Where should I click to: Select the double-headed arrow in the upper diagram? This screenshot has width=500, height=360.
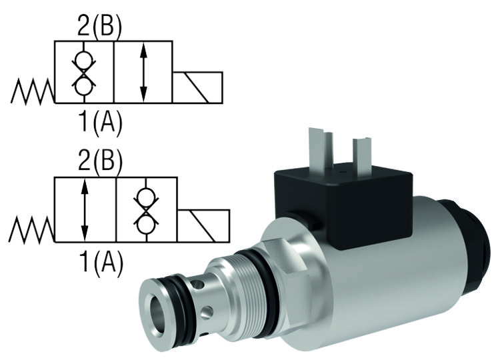click(143, 73)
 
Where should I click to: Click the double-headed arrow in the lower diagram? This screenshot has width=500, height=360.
click(85, 209)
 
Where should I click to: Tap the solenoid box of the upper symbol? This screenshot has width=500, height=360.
click(197, 87)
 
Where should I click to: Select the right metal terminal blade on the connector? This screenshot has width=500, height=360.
click(362, 153)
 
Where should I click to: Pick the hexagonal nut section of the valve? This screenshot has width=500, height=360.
click(283, 267)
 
